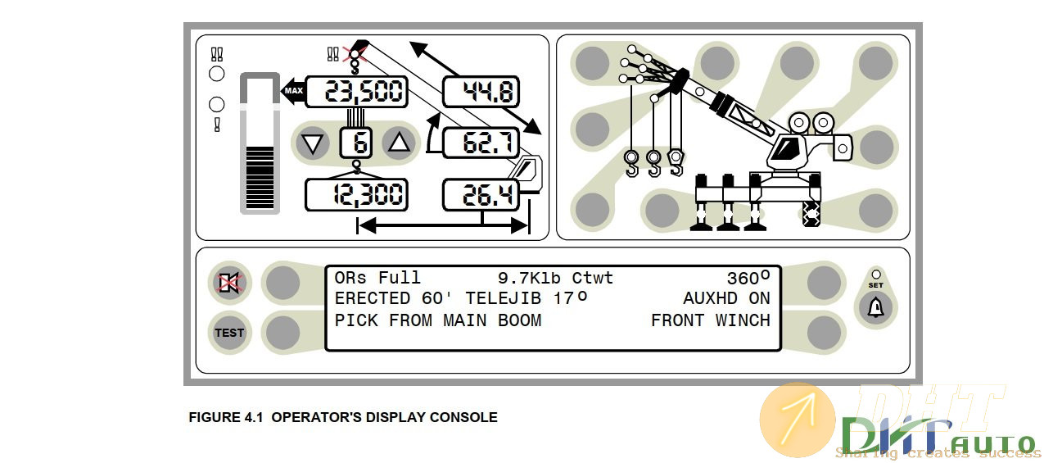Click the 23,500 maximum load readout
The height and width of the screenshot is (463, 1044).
[x=356, y=91]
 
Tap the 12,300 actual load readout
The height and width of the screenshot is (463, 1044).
[x=356, y=195]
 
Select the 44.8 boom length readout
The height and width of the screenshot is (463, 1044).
[x=481, y=91]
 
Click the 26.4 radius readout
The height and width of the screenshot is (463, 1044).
[x=481, y=195]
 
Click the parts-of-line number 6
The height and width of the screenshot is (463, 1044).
[x=356, y=143]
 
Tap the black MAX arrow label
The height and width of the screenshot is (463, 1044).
[x=292, y=90]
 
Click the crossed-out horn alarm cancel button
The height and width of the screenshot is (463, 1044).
[x=228, y=284]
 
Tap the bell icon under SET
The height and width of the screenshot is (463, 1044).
[x=876, y=309]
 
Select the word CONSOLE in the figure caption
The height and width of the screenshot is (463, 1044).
[x=463, y=417]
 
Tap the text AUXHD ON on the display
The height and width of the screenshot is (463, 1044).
[x=726, y=299]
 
